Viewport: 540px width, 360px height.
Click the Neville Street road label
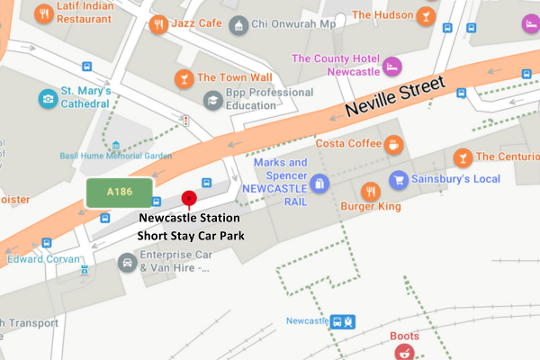click(x=396, y=98)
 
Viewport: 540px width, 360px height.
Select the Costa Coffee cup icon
click(x=394, y=144)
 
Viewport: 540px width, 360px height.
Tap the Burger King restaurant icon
click(x=369, y=191)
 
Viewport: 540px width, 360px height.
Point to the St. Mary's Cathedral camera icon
click(x=47, y=97)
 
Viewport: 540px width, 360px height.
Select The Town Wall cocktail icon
click(x=184, y=77)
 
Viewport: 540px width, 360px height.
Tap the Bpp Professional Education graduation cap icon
click(x=213, y=100)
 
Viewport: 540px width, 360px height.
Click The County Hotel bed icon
click(x=391, y=66)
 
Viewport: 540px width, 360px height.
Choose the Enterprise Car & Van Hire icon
click(x=127, y=263)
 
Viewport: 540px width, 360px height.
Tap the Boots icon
click(x=405, y=351)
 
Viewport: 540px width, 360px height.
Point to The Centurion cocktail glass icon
click(x=462, y=157)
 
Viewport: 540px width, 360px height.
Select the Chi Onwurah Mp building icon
click(x=238, y=24)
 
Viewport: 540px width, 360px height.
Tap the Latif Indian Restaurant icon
click(x=40, y=14)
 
